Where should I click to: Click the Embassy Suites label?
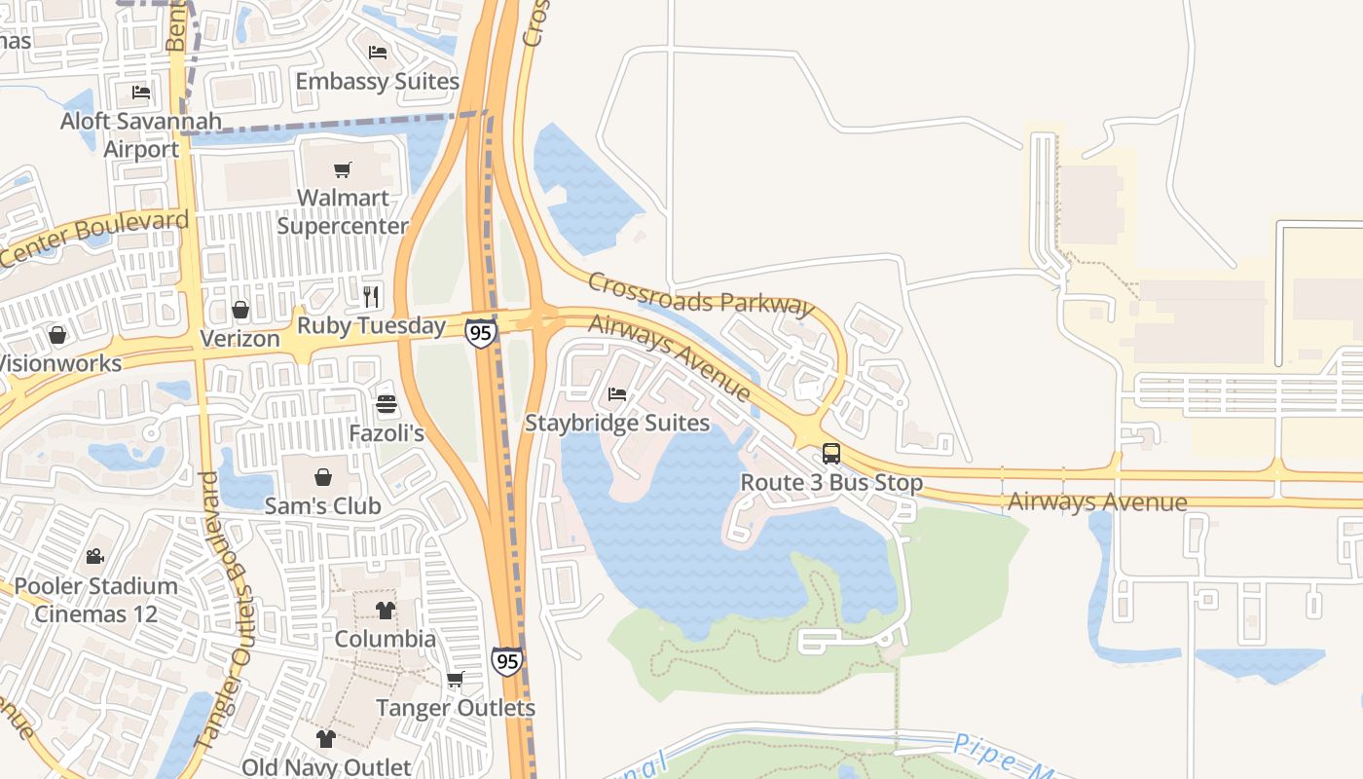377,81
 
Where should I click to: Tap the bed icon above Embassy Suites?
378,53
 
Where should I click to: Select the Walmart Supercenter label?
343,211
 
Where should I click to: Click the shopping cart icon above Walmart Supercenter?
342,170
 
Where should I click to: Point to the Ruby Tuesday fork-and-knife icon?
371,296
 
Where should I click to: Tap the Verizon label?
239,339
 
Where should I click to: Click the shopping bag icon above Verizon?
240,310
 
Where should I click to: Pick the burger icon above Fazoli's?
387,404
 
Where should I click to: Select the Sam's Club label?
323,506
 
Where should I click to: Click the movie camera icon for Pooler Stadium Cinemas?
94,557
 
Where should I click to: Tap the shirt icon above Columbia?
386,611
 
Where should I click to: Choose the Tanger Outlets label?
456,708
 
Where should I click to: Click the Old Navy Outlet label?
326,767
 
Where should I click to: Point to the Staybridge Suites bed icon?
617,394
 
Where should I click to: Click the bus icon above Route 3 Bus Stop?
831,453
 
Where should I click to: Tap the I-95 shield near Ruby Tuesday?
480,333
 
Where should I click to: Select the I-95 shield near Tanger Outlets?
506,660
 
